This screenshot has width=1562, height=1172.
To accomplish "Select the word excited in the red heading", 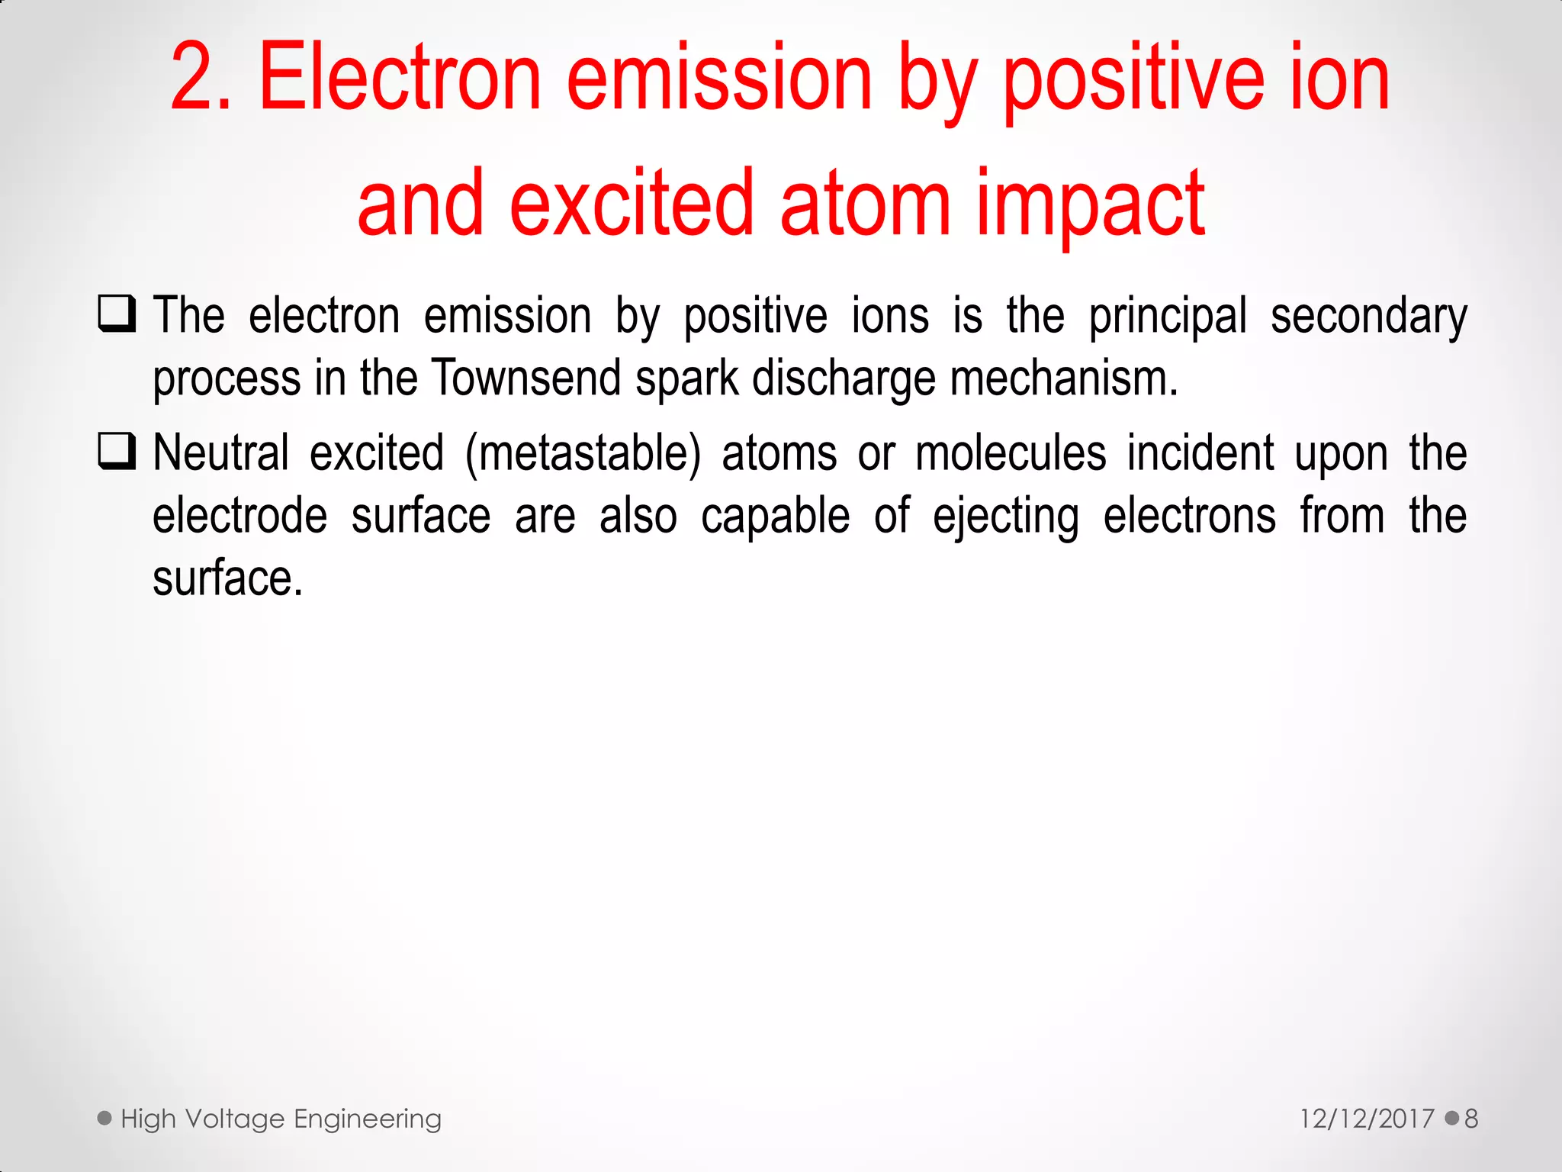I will click(632, 204).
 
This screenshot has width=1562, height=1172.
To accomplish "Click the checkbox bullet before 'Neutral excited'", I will click(117, 451).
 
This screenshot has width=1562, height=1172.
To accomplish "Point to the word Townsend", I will click(526, 378).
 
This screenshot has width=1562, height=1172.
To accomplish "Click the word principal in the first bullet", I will click(1168, 316).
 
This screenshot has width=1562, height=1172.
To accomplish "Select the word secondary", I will click(1368, 316).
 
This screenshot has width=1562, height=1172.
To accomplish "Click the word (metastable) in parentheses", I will click(583, 453).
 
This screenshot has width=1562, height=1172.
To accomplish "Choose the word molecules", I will click(1011, 453).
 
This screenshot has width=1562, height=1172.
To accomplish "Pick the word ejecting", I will click(1006, 517).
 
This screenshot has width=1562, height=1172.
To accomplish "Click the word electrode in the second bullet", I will click(239, 516).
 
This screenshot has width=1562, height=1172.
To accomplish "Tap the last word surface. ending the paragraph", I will click(227, 578).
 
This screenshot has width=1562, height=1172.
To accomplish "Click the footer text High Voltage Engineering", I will click(281, 1119).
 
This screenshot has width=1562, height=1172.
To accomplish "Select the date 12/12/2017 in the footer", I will click(1367, 1119).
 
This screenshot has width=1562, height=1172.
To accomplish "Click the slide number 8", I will click(1471, 1119).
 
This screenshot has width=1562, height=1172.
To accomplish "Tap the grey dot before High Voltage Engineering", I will click(104, 1119).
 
